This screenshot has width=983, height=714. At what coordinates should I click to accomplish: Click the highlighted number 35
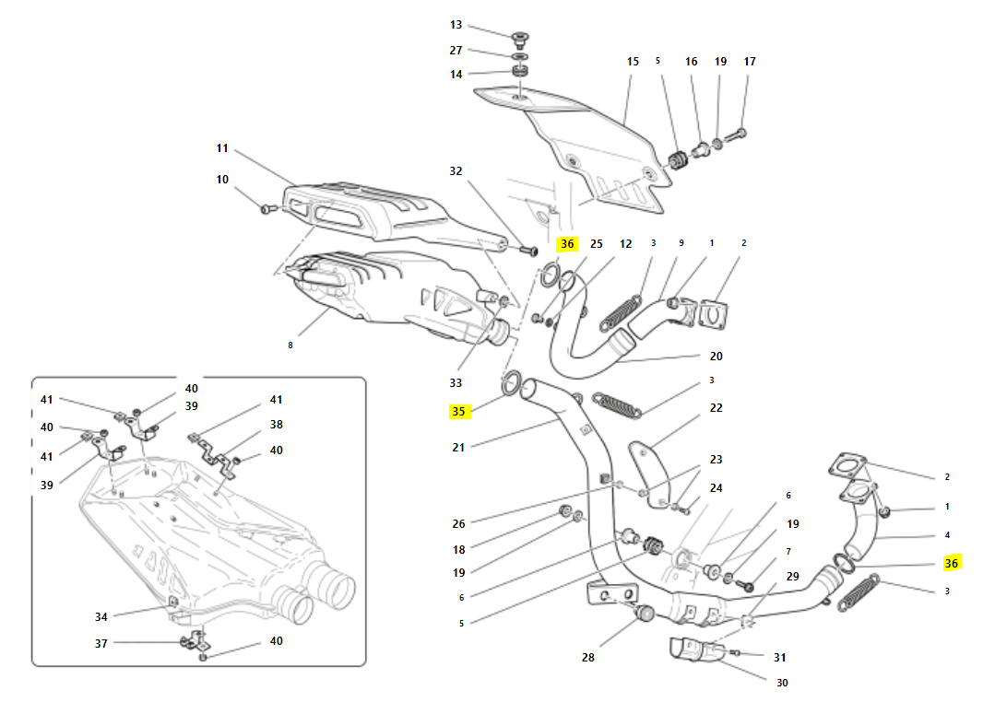point(458,412)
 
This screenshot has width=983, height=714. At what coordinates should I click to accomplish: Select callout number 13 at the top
point(456,25)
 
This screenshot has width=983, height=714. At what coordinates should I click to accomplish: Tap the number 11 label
point(222,148)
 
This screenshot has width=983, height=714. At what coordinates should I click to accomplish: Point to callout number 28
point(588,657)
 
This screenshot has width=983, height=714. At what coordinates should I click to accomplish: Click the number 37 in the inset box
point(101,642)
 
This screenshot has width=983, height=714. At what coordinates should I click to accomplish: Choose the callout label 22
point(716,407)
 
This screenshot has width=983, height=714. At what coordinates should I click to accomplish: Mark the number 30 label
point(782,683)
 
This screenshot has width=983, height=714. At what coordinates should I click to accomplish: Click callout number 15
point(633,62)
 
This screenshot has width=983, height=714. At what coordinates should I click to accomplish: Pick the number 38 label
point(276,425)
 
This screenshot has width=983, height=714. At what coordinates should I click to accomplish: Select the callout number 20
point(716,356)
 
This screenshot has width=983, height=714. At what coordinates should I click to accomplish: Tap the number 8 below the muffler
point(290,345)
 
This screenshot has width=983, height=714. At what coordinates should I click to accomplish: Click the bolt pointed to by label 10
point(267,210)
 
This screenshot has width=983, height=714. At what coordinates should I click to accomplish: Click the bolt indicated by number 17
point(738,135)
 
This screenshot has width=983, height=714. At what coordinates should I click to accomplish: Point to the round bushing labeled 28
point(644,614)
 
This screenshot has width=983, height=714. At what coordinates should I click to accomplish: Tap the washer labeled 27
point(521,56)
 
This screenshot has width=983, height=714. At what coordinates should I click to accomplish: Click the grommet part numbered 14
point(521,73)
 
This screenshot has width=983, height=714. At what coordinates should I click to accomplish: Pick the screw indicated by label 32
point(528,249)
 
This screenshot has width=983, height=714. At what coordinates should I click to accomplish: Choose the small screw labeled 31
point(734,653)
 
